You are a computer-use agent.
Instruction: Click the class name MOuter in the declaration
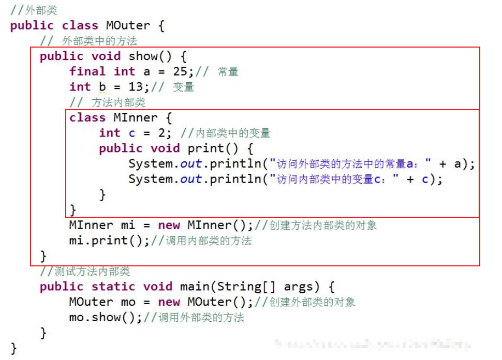coord(128,25)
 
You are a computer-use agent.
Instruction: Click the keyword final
coord(87,71)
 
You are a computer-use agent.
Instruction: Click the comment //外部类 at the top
coord(33,10)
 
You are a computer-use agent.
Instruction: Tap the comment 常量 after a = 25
coord(228,72)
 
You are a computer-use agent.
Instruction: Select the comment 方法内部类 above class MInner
coord(118,102)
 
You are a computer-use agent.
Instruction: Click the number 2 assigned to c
coord(162,133)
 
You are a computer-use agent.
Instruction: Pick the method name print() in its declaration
coord(213,148)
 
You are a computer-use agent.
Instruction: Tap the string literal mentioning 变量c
coord(338,179)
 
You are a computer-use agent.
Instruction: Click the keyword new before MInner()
coord(169,226)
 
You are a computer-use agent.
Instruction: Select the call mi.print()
coord(109,241)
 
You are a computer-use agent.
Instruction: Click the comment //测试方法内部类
coord(85,272)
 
